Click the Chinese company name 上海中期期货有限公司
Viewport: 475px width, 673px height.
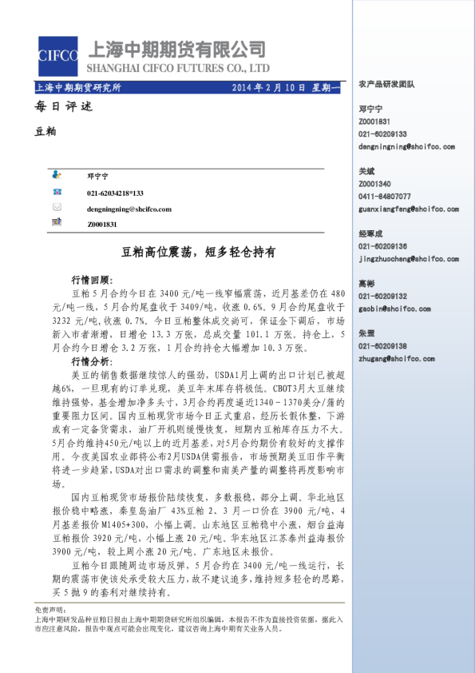pyautogui.click(x=180, y=49)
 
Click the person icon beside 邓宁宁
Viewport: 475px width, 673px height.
pyautogui.click(x=56, y=174)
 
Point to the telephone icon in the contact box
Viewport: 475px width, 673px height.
pyautogui.click(x=56, y=192)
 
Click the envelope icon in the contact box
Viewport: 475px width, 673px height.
pyautogui.click(x=56, y=208)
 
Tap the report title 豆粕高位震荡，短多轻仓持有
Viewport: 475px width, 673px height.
pyautogui.click(x=198, y=252)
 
